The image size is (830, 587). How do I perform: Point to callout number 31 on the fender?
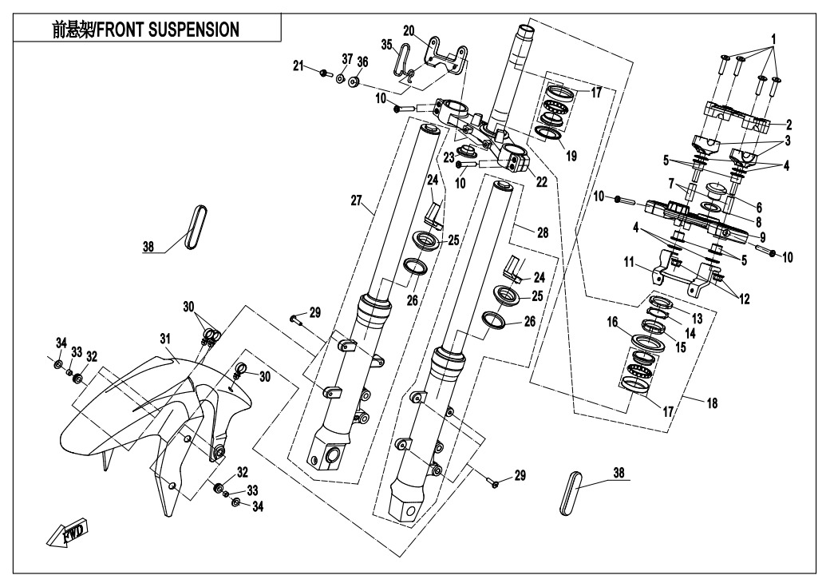165,340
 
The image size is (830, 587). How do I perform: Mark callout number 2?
788,125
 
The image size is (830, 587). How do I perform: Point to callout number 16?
613,321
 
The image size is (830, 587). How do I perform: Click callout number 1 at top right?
773,38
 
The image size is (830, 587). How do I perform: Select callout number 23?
449,157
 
